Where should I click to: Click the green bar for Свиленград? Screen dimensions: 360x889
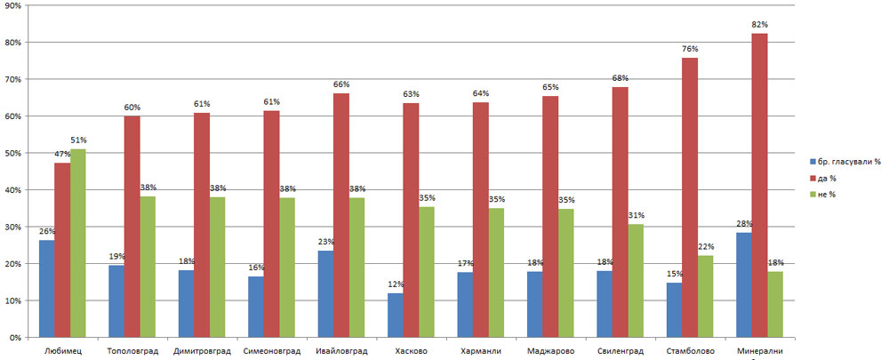[635, 281]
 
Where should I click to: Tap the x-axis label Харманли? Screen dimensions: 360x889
[479, 351]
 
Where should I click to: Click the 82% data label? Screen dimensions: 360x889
[760, 24]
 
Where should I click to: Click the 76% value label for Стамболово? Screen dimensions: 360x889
[690, 49]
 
